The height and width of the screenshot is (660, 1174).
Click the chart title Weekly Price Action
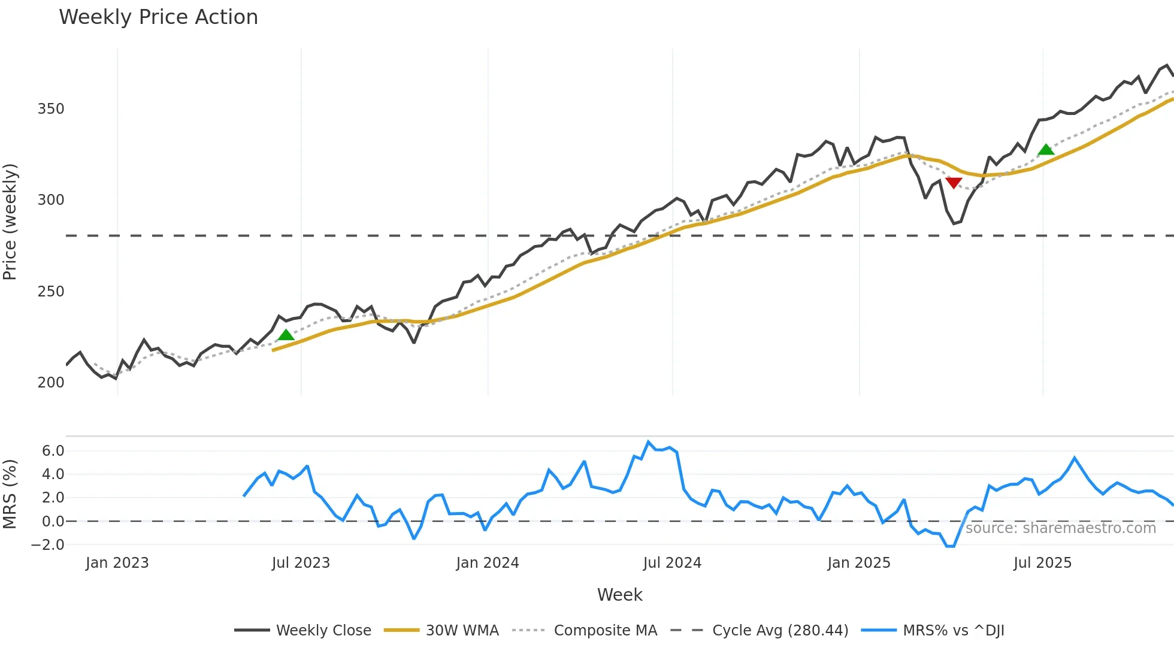tap(158, 17)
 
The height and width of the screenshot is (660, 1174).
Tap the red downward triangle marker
tap(954, 183)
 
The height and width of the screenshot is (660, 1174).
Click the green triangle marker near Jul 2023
tap(286, 335)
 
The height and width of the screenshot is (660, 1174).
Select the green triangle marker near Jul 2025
tap(1046, 150)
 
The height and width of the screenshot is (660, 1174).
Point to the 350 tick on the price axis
tap(51, 109)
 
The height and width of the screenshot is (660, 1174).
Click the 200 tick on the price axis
tap(51, 383)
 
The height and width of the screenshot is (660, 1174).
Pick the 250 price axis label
tap(51, 292)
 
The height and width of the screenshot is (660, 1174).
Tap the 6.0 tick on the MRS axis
tap(53, 451)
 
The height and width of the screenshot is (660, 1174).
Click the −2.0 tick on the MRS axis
tap(48, 545)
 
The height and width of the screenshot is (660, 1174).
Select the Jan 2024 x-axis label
tap(488, 563)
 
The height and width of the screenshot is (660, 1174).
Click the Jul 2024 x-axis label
tap(672, 563)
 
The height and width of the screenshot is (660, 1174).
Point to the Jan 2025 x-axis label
tap(859, 563)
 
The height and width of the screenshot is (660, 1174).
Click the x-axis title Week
tap(619, 595)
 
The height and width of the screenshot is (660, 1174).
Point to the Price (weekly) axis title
tap(10, 222)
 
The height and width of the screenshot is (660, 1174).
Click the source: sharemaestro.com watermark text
tap(1060, 528)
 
